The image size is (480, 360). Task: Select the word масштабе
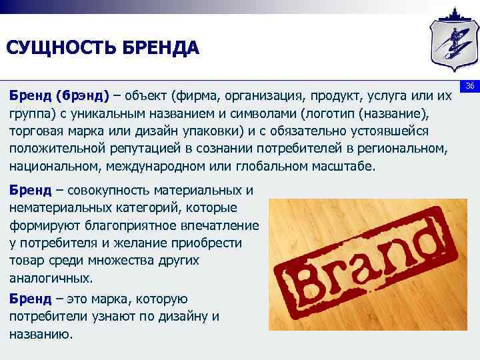pos(345,165)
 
